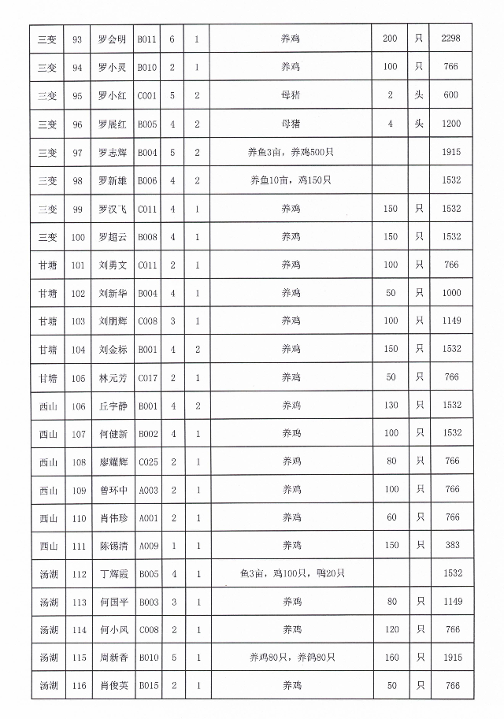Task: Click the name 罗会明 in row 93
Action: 112,39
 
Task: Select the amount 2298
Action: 451,39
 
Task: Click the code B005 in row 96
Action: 148,124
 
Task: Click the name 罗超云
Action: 112,236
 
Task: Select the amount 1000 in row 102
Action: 451,293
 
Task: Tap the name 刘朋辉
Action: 112,321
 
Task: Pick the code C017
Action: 148,377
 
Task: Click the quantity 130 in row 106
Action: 391,405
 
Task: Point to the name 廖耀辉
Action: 112,461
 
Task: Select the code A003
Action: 148,490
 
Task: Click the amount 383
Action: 451,546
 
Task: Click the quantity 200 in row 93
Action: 391,39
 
